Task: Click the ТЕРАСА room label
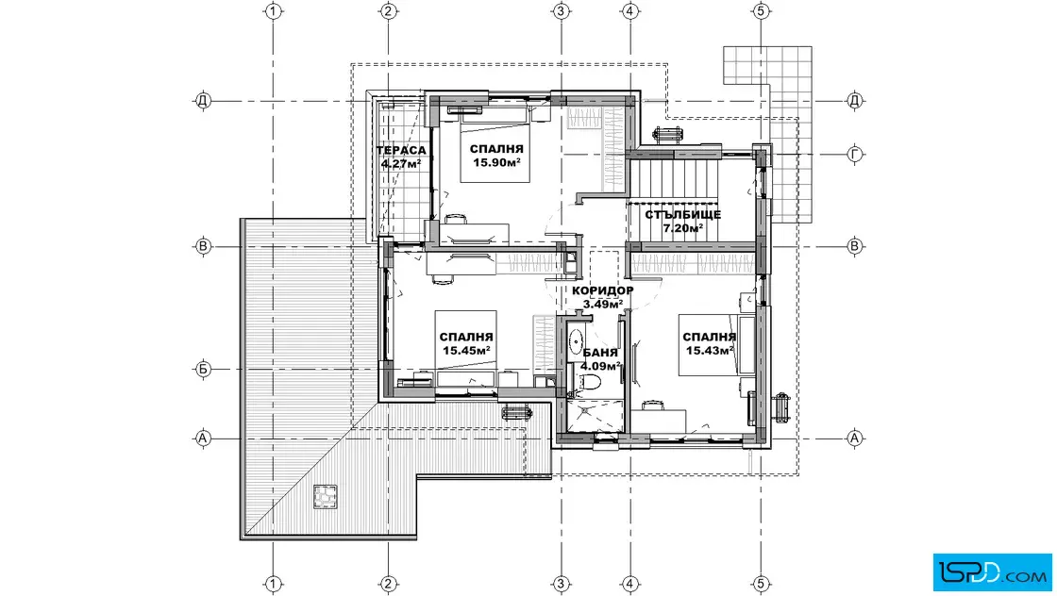tap(402, 150)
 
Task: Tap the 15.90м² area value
tap(496, 162)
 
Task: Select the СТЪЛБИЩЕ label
tap(683, 215)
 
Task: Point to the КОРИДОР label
tap(603, 290)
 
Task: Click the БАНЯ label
tap(600, 353)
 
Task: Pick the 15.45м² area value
tap(466, 350)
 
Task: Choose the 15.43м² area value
tap(709, 350)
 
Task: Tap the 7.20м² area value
tap(683, 228)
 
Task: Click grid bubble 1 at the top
tap(273, 11)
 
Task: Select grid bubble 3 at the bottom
tap(561, 584)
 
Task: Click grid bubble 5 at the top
tap(761, 11)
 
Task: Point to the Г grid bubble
tap(855, 155)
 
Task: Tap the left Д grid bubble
tap(203, 101)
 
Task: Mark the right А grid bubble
tap(855, 439)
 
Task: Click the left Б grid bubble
tap(203, 369)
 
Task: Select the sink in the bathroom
tap(575, 342)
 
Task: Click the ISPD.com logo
tap(992, 572)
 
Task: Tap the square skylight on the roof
tap(325, 497)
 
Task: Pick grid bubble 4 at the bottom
tap(629, 584)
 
